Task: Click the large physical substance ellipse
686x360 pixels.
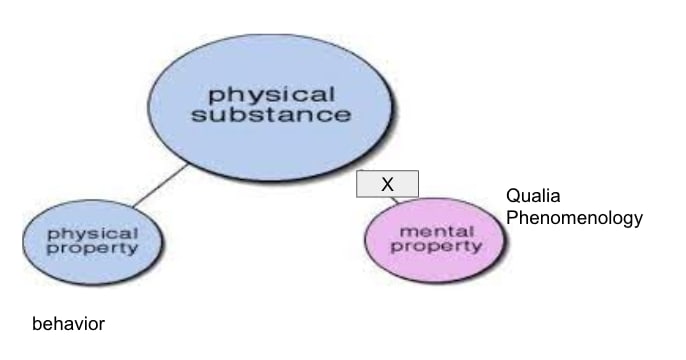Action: coord(271,107)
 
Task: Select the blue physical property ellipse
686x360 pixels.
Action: coord(93,242)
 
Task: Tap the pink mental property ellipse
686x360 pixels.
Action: coord(435,240)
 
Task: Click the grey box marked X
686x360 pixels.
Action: coord(387,184)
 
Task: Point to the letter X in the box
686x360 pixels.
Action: coord(387,184)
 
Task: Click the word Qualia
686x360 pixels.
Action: coord(533,196)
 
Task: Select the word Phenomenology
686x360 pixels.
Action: coord(574,218)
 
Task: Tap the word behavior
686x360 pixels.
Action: coord(68,324)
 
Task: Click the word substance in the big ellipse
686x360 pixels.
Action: coord(271,115)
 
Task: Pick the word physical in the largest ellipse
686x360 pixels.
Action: coord(272,95)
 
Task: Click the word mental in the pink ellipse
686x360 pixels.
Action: coord(437,231)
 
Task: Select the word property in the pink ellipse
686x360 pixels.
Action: coord(436,246)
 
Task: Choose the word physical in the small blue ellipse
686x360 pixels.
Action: coord(93,234)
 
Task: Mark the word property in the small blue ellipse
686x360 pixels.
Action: coord(93,248)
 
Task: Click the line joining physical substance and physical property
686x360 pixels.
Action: coord(161,185)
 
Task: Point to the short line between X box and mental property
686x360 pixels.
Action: coord(395,200)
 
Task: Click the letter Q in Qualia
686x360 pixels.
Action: coord(513,196)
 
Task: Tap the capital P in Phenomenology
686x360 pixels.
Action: coord(511,217)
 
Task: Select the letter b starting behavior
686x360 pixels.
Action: coord(37,324)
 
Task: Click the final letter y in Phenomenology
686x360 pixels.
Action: coord(638,220)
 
